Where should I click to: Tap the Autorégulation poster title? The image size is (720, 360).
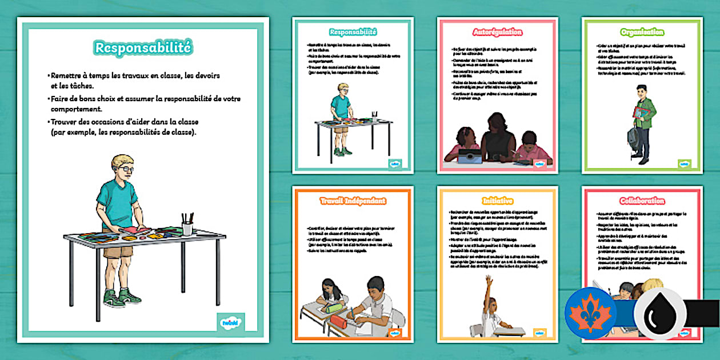[497, 33]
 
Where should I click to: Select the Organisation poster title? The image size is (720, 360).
[642, 33]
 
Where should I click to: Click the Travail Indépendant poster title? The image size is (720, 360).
[353, 201]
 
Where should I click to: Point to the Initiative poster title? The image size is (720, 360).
[497, 201]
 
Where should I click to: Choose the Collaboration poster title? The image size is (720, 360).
[642, 201]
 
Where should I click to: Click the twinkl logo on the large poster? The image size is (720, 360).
[231, 322]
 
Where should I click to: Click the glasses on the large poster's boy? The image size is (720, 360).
[126, 169]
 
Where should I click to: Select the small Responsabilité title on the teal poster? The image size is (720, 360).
[353, 33]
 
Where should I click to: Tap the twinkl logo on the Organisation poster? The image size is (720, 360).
[684, 163]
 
